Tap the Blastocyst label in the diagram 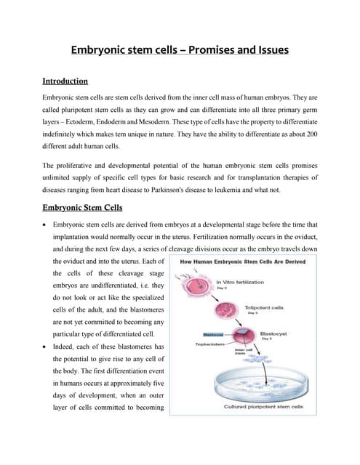pos(273,334)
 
